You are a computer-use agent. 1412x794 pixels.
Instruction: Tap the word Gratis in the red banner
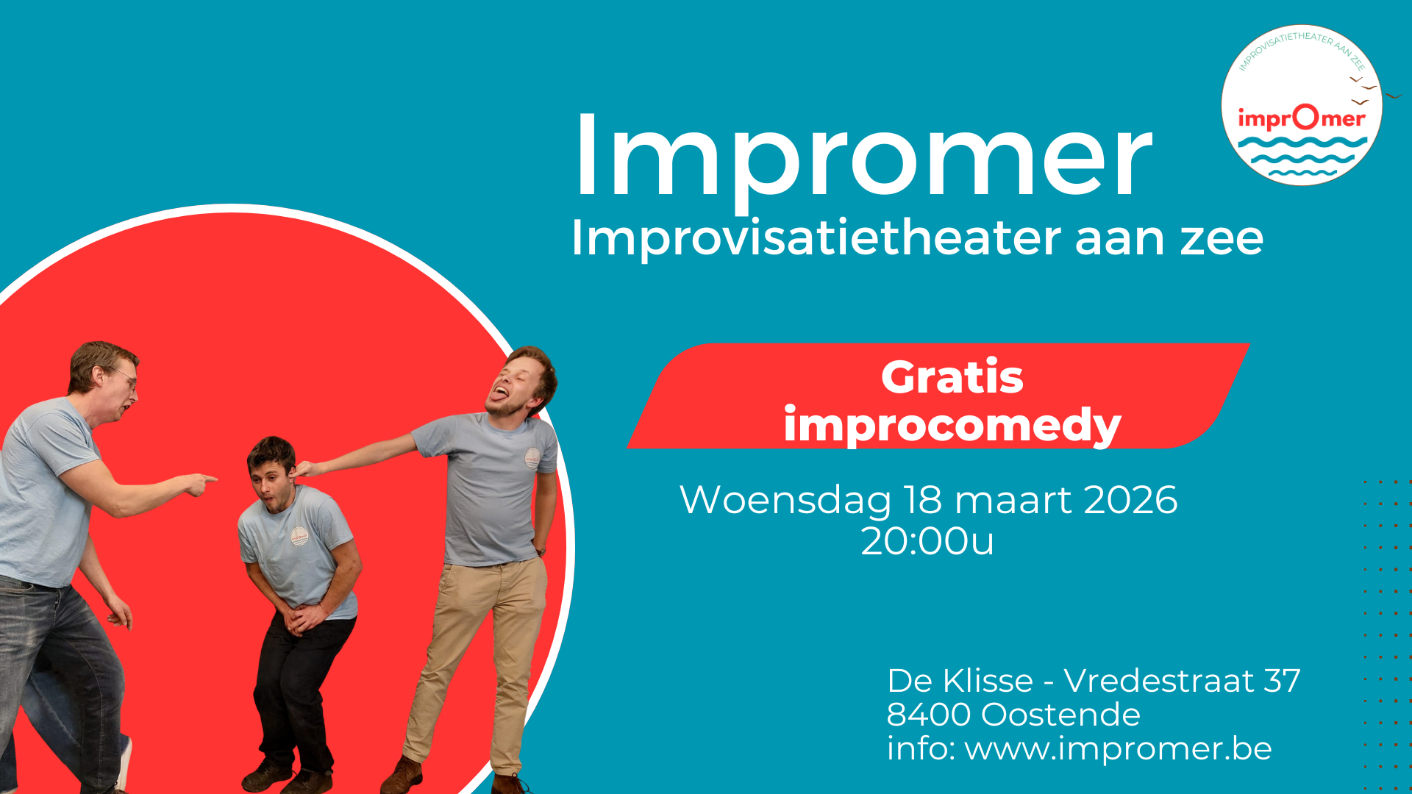tap(952, 377)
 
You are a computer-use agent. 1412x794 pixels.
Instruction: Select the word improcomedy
tap(952, 426)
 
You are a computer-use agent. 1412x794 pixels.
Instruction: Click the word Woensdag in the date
tap(785, 501)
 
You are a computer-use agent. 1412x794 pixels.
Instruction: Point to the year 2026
tap(1130, 500)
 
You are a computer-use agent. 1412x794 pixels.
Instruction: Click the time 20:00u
tap(927, 542)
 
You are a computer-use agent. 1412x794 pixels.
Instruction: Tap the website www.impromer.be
tap(1118, 748)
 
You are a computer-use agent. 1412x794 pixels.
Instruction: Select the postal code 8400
tap(928, 715)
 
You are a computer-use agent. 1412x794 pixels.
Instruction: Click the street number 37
tap(1282, 681)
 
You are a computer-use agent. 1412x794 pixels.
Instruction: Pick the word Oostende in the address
tap(1060, 715)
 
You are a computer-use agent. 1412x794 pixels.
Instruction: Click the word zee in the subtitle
tap(1222, 238)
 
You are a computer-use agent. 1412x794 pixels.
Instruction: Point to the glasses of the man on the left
tap(127, 378)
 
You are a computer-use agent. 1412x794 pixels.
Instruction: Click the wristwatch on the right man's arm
tap(541, 551)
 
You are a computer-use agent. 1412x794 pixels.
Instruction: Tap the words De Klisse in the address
tap(960, 681)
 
